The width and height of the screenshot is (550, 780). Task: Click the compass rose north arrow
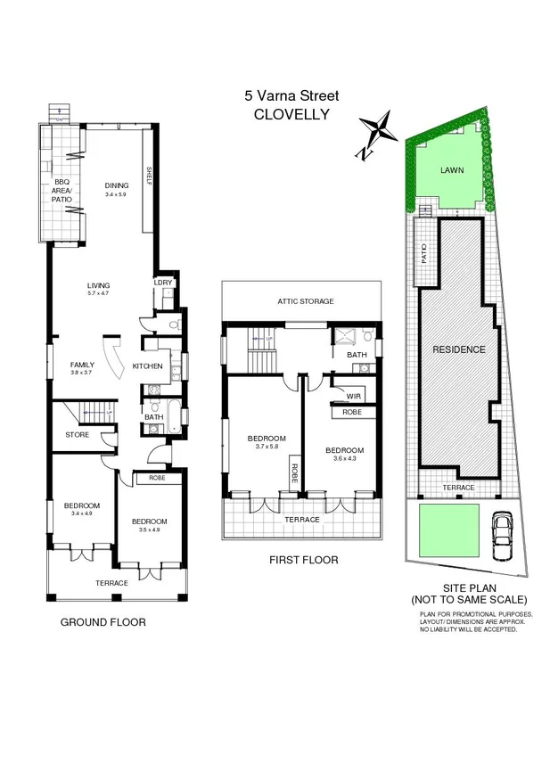[375, 130]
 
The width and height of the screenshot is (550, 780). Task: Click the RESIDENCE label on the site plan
[459, 349]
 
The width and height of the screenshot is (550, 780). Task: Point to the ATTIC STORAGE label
[304, 301]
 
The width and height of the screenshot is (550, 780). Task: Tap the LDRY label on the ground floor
[163, 283]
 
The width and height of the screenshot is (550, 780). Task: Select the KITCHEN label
[148, 366]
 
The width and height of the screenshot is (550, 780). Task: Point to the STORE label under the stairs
[77, 435]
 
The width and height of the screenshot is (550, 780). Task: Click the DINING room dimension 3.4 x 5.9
[117, 194]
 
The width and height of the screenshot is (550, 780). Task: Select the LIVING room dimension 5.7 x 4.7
[98, 292]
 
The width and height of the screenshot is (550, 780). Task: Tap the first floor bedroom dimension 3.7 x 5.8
[266, 447]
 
